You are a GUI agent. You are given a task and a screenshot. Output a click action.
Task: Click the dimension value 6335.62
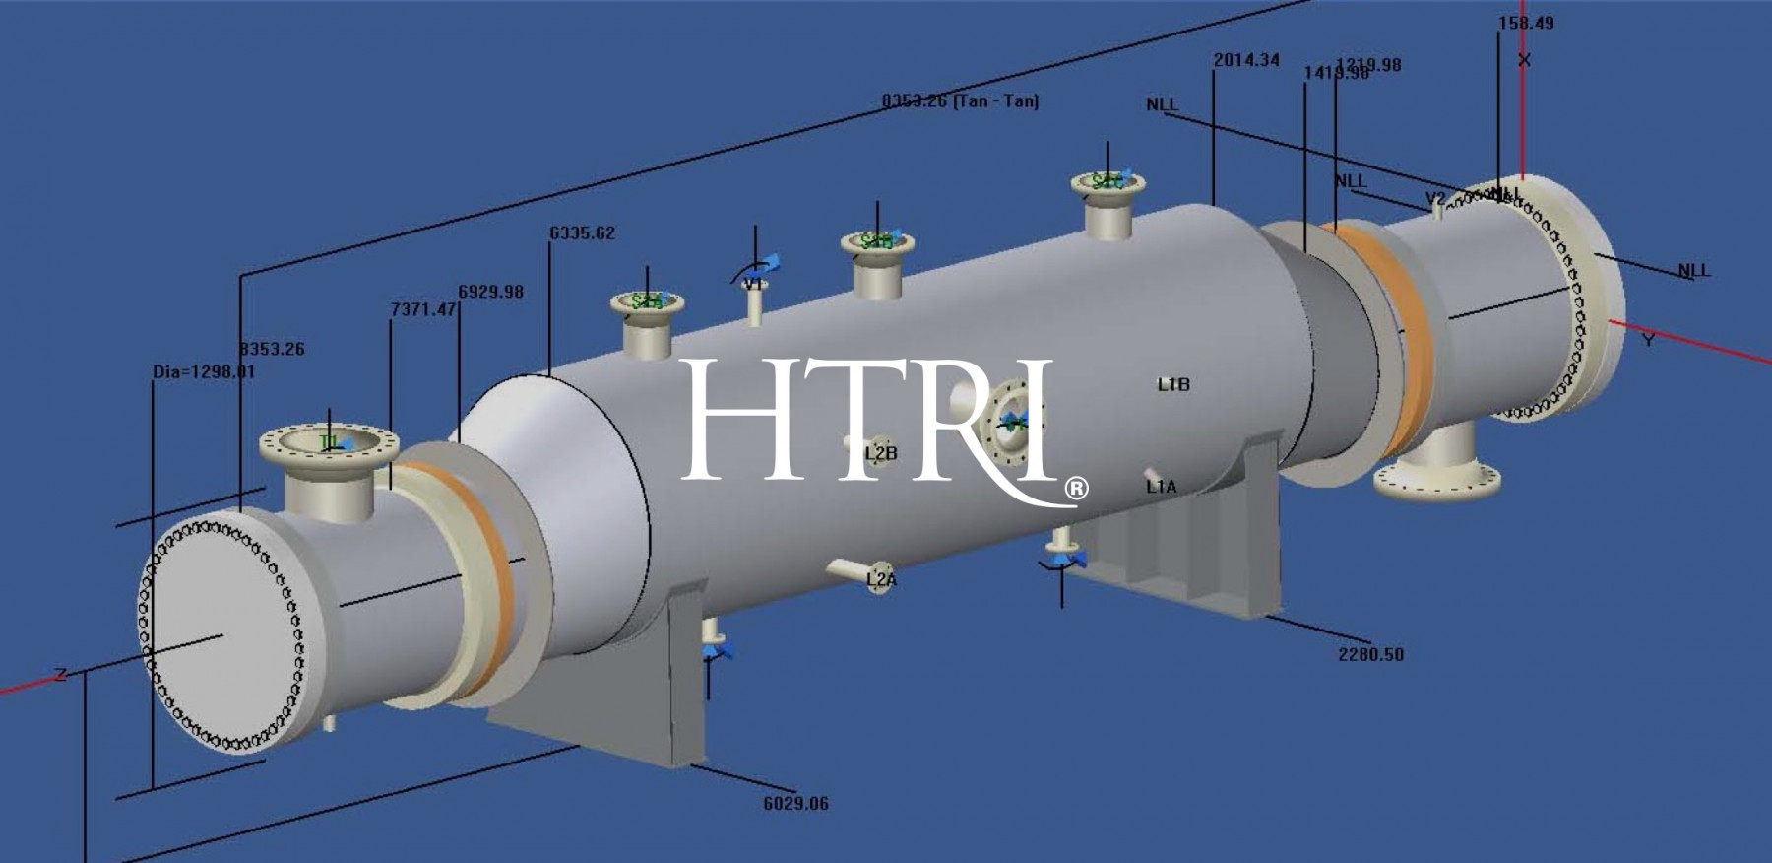[x=582, y=233]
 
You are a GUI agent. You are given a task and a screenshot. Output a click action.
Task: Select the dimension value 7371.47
[x=423, y=309]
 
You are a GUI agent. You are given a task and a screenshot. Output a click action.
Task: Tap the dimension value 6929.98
[x=490, y=292]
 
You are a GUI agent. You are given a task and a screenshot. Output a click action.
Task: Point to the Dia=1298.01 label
[x=204, y=372]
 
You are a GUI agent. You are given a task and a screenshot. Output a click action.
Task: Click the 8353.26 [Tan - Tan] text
[x=960, y=100]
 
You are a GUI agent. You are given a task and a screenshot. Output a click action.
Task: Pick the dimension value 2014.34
[x=1246, y=60]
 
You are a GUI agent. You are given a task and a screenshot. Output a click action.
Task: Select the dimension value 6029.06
[x=795, y=803]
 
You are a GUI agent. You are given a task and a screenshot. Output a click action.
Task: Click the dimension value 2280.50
[x=1370, y=654]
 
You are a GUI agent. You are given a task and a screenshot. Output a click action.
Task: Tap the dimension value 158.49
[x=1526, y=23]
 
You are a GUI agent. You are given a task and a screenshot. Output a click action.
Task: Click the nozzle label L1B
[x=1173, y=384]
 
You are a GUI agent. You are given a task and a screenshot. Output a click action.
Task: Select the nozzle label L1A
[x=1161, y=486]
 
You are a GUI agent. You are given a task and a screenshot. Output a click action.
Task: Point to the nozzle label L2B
[x=881, y=453]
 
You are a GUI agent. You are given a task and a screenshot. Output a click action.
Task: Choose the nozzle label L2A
[x=882, y=580]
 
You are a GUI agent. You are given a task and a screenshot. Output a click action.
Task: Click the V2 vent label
[x=1436, y=198]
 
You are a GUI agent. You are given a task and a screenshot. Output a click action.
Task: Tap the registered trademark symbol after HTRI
[x=1077, y=488]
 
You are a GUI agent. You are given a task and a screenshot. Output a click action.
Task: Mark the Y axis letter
[x=1648, y=340]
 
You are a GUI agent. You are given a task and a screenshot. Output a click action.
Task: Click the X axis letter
[x=1524, y=60]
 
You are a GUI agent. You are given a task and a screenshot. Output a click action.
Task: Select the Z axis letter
[x=61, y=675]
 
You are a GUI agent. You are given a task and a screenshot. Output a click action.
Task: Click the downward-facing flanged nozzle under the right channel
[x=1437, y=477]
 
